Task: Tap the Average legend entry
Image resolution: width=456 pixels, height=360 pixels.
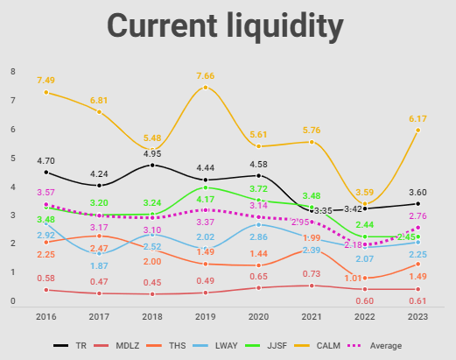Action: click(x=380, y=346)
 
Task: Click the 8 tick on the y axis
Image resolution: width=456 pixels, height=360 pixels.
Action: click(x=12, y=71)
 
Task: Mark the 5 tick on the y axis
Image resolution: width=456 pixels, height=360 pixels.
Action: click(x=12, y=158)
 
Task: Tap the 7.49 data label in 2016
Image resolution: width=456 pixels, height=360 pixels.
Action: click(x=46, y=81)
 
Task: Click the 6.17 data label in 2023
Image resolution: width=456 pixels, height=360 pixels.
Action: click(x=417, y=118)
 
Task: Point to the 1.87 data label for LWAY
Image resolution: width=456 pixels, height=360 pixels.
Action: click(x=99, y=265)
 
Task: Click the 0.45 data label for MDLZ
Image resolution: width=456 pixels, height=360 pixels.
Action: click(x=152, y=282)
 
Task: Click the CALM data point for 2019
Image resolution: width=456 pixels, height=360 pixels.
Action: click(x=206, y=88)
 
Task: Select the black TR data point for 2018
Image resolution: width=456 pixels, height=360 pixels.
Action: click(x=152, y=165)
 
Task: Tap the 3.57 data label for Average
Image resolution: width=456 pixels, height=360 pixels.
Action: click(x=46, y=193)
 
